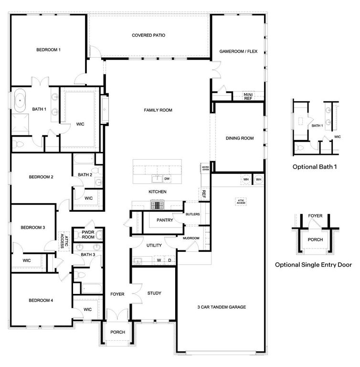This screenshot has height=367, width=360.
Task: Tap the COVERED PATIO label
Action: [x=149, y=35]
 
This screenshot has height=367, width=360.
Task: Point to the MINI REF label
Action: [x=248, y=96]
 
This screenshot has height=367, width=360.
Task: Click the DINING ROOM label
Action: [x=240, y=139]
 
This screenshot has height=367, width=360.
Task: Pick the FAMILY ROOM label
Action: [x=158, y=110]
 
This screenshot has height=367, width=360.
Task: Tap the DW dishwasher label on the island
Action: [x=167, y=179]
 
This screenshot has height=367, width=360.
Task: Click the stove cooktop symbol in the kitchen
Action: [x=157, y=205]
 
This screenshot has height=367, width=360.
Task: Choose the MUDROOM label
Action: [x=191, y=238]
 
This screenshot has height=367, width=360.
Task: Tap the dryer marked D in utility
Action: [x=169, y=260]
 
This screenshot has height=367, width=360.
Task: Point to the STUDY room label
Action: [x=154, y=293]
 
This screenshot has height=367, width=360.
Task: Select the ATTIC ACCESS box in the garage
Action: [x=241, y=202]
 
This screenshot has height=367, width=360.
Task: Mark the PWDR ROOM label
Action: [x=88, y=234]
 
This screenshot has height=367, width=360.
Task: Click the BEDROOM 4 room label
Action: [x=41, y=301]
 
